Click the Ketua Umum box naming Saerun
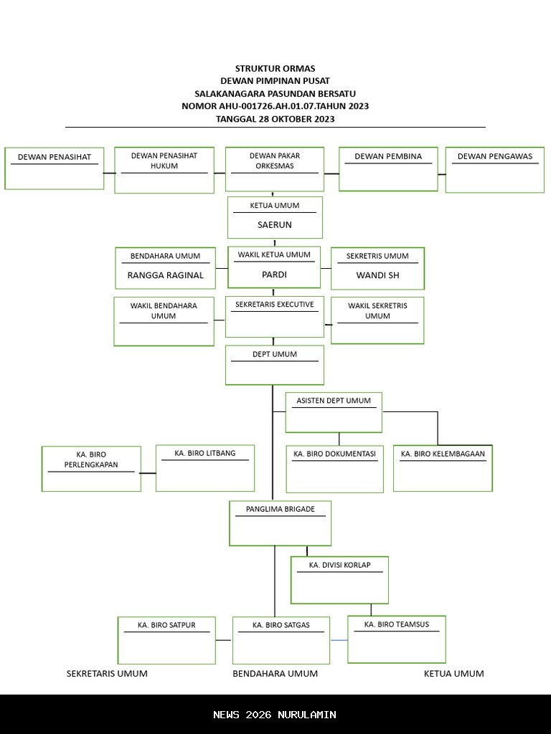click(275, 217)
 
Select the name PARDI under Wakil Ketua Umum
click(274, 275)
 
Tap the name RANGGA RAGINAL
click(165, 275)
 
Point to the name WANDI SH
click(377, 275)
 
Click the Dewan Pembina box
click(388, 169)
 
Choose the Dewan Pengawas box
click(495, 170)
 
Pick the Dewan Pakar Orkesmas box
click(275, 169)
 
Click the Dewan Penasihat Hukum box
click(164, 170)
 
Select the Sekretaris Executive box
click(275, 317)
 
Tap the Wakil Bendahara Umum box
click(164, 321)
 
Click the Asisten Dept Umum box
click(334, 412)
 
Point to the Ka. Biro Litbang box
click(205, 468)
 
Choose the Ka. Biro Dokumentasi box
click(335, 470)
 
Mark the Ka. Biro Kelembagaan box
click(443, 469)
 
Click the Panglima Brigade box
click(281, 523)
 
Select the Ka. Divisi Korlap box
click(339, 580)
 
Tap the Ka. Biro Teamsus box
click(397, 639)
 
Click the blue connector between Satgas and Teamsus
click(339, 639)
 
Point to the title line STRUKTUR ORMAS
click(275, 69)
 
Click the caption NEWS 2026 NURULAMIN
click(275, 715)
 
